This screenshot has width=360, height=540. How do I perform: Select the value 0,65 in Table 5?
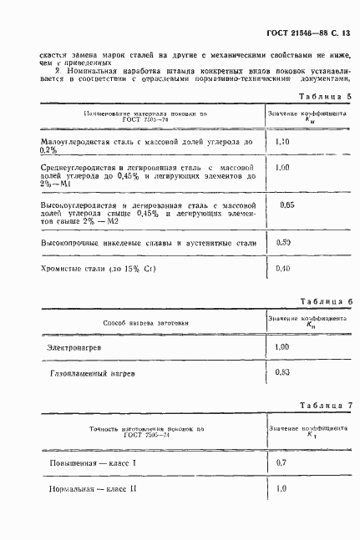(286, 204)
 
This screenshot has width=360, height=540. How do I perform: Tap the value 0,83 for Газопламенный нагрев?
(282, 372)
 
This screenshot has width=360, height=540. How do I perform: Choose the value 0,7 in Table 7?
(281, 462)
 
